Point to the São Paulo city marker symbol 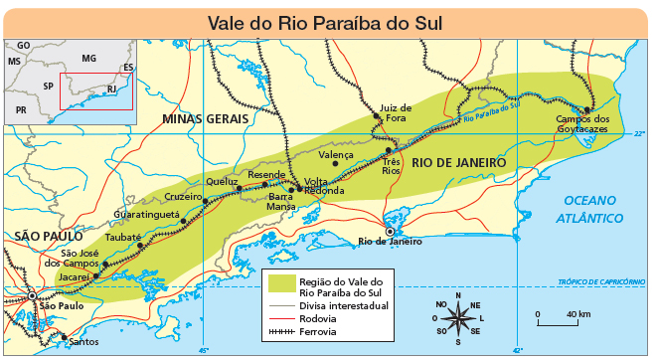coord(33,295)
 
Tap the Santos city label coord(82,341)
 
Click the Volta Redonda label coord(322,187)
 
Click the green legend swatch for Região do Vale coord(280,286)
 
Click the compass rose coord(457,318)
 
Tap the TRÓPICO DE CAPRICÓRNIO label coord(601,281)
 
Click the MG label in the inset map coord(88,60)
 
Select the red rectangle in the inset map coord(95,90)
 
